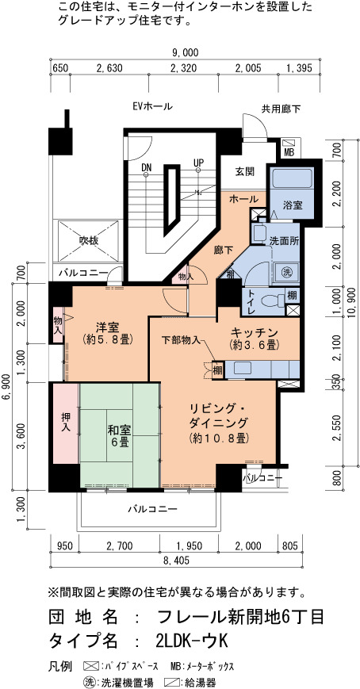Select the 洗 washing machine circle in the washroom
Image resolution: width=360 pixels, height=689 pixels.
(x=281, y=269)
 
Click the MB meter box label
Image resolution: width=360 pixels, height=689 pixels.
(x=289, y=152)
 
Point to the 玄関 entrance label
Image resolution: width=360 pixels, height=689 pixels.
(x=244, y=171)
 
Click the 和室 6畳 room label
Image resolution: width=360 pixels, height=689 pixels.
(x=118, y=436)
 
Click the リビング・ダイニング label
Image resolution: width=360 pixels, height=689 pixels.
(x=220, y=422)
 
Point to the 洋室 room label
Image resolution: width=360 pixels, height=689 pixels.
(x=108, y=333)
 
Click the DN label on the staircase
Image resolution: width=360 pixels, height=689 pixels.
(x=147, y=167)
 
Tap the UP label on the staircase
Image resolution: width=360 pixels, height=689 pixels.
(x=199, y=163)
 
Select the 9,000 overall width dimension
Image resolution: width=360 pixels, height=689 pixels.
(x=185, y=53)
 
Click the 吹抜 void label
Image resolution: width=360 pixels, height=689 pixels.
(x=89, y=241)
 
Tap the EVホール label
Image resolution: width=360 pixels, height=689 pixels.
(x=152, y=106)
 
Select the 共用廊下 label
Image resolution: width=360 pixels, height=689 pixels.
(x=281, y=109)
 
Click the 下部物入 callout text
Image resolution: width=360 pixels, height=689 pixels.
(x=181, y=339)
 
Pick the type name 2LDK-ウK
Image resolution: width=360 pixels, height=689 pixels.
(x=192, y=641)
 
